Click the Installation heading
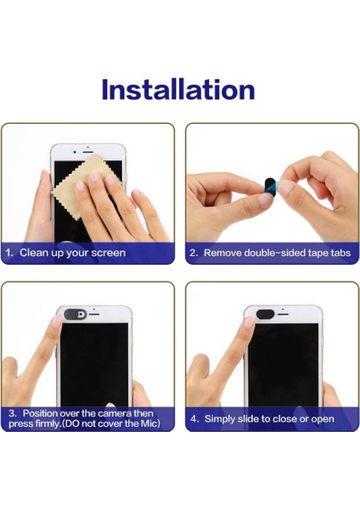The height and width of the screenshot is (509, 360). point(178,89)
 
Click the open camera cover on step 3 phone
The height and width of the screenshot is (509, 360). point(75,314)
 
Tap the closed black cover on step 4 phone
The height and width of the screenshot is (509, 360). point(266,314)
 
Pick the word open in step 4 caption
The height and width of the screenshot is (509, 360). point(323,419)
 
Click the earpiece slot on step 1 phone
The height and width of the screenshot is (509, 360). point(87,152)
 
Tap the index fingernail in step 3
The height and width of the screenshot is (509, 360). point(56,322)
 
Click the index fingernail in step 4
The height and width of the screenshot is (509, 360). point(249,322)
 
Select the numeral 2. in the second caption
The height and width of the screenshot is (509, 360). point(194,253)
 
